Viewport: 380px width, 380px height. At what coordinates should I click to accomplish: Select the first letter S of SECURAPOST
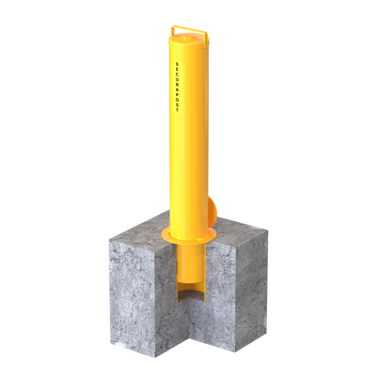coord(177,64)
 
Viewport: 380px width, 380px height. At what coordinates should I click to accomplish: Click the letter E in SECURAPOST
coord(177,69)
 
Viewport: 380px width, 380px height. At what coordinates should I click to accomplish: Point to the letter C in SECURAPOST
coord(177,74)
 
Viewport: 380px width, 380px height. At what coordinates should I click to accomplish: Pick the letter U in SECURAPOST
coord(177,79)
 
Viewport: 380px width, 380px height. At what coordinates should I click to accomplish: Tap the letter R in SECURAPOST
coord(177,85)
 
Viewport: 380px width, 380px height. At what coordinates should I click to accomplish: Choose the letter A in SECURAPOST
coord(177,90)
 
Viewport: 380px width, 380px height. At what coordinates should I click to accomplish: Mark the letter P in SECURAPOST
coord(177,95)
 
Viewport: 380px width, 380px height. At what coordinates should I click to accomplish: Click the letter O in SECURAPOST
coord(177,100)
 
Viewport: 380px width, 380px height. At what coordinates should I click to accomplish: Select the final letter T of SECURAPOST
coord(177,110)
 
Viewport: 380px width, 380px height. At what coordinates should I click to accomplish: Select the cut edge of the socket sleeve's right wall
coord(205,267)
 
